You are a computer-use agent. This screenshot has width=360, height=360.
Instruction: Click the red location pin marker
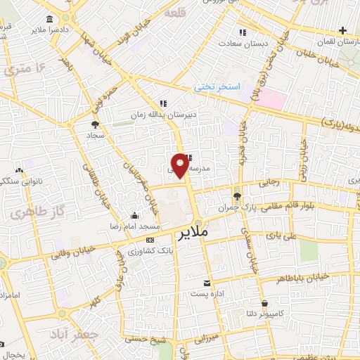[181, 165]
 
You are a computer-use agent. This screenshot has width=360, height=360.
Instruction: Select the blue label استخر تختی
[218, 87]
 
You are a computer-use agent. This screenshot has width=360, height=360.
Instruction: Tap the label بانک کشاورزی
[151, 250]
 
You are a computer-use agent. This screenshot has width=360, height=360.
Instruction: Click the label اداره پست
[209, 294]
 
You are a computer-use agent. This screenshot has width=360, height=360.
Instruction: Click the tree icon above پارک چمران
[236, 196]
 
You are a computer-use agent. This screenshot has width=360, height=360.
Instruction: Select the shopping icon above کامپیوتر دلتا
[264, 304]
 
